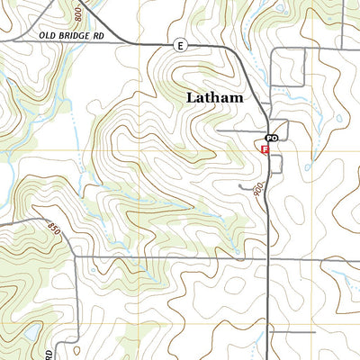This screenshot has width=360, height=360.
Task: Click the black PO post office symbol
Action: point(269,138)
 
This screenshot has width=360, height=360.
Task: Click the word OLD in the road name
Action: point(47,35)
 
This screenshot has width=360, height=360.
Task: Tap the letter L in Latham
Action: point(191,97)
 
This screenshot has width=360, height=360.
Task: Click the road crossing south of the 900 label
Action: point(269,257)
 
